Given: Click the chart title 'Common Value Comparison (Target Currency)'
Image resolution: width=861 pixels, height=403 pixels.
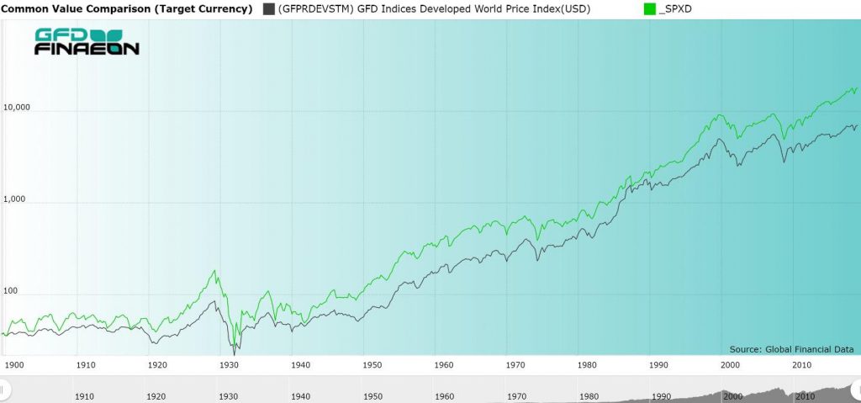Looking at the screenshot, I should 127,9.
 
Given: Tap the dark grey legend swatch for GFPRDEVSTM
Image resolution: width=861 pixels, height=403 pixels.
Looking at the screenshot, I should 268,9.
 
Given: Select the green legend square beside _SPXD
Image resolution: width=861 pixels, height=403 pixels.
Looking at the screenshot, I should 648,9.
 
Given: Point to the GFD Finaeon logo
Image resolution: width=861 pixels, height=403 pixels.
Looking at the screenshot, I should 87,42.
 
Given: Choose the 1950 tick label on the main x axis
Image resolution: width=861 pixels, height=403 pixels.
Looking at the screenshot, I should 373,365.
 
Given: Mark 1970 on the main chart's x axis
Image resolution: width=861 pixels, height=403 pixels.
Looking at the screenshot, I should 516,365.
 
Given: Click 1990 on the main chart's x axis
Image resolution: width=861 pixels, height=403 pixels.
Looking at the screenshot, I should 659,365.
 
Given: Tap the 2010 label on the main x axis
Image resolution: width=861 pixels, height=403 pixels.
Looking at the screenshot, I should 802,365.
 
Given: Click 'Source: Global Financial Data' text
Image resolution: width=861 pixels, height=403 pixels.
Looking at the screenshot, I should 791,349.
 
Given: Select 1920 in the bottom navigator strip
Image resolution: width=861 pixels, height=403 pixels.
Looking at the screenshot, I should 156,395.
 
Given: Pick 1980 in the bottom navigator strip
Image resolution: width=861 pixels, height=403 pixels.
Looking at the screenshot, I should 589,395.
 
